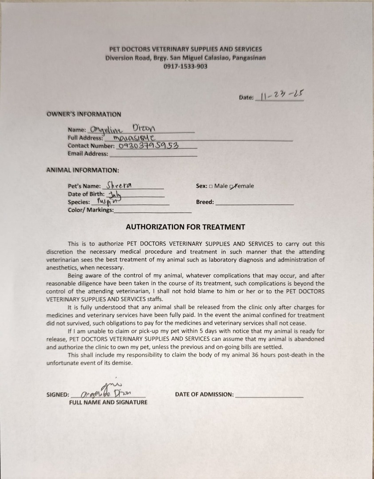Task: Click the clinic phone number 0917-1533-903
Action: click(185, 67)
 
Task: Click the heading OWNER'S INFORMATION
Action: click(84, 114)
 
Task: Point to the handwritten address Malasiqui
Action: click(134, 137)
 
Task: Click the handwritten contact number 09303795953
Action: click(149, 145)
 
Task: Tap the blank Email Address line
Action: click(153, 154)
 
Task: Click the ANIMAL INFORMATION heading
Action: click(83, 170)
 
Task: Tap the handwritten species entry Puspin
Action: click(106, 201)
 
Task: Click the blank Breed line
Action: click(254, 202)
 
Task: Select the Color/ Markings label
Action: click(91, 210)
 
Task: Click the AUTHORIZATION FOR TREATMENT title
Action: click(185, 227)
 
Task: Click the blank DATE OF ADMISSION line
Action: click(269, 394)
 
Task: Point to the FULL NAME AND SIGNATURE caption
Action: click(108, 402)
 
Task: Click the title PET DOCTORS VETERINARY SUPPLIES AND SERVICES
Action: click(185, 49)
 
